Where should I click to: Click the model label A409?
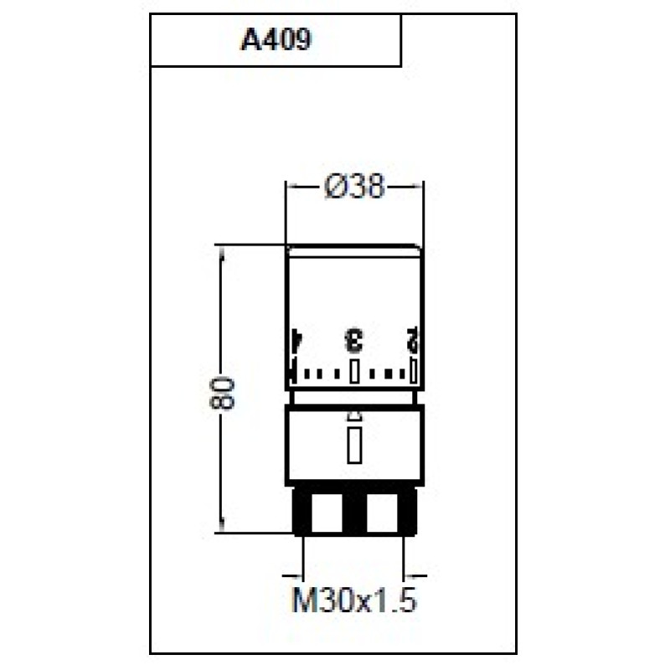pos(276,40)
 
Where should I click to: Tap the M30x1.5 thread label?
pos(353,600)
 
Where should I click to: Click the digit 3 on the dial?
pos(354,341)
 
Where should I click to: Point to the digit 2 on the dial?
pos(412,341)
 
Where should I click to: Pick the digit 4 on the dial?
pos(294,341)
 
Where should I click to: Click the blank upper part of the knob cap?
pos(353,289)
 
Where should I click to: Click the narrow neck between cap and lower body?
pos(353,397)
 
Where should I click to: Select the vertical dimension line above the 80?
pos(223,310)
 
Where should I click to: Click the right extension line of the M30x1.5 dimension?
pos(406,557)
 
